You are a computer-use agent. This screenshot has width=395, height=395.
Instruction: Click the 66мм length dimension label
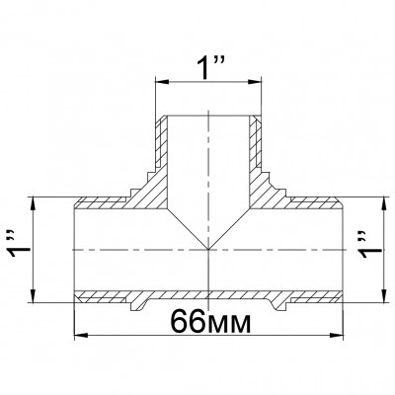[210, 321]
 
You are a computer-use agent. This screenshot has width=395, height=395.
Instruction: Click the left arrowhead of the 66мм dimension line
[81, 336]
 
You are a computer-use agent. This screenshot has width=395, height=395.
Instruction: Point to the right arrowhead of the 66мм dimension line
[337, 336]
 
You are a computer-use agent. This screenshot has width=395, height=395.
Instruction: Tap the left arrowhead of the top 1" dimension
[162, 82]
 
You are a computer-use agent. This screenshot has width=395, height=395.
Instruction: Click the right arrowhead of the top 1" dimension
[255, 82]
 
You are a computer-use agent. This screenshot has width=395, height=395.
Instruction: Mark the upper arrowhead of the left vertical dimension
[33, 204]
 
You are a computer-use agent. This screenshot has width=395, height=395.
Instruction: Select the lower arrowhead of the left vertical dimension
[33, 295]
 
